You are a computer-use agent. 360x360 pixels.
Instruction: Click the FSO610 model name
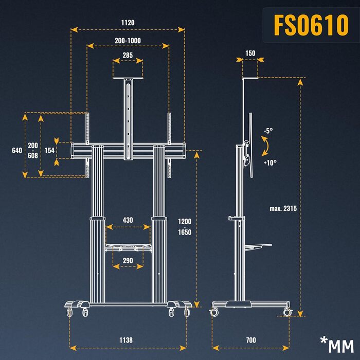(x=311, y=25)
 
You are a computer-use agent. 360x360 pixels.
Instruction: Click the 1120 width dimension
(x=128, y=23)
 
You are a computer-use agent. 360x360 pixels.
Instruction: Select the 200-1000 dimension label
(x=128, y=40)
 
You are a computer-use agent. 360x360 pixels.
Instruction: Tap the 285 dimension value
(x=128, y=55)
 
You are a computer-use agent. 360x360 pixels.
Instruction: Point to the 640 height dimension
(x=16, y=150)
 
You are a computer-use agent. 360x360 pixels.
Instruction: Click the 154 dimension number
(x=49, y=150)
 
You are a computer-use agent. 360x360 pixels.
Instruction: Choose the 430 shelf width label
(x=128, y=220)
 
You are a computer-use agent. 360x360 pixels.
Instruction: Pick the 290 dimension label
(x=128, y=261)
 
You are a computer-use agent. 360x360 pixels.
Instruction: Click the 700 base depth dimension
(x=250, y=340)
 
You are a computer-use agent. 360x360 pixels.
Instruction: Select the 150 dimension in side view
(x=250, y=53)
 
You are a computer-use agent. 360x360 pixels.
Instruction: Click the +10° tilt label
(x=269, y=163)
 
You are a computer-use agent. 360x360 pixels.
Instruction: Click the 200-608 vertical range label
(x=33, y=150)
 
